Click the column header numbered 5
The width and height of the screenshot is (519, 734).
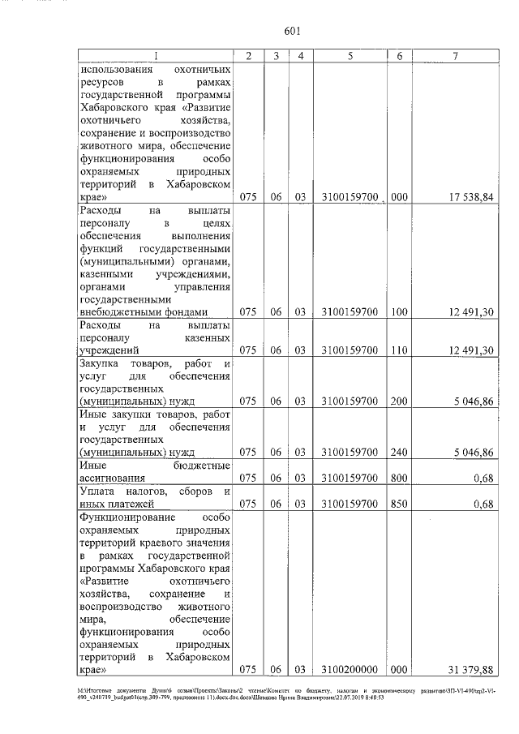tap(350, 56)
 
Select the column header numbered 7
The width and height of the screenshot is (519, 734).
tap(457, 56)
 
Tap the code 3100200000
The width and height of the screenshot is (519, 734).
tap(350, 669)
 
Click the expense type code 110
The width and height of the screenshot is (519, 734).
tap(399, 350)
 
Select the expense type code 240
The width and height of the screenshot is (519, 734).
tap(399, 452)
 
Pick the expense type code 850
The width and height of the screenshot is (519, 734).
tap(399, 503)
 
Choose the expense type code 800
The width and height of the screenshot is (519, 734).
tap(399, 478)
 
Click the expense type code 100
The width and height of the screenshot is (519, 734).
tap(399, 312)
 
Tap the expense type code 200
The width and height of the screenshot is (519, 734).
tap(399, 401)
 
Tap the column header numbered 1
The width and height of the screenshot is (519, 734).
tap(156, 56)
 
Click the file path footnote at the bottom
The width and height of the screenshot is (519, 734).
tap(259, 692)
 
